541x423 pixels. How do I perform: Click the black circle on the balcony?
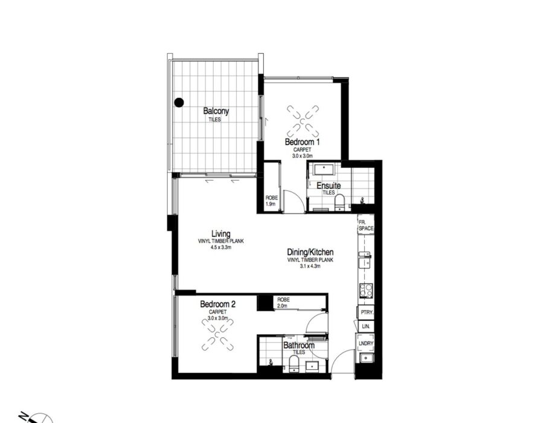[x=179, y=102]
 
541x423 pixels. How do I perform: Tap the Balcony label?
[x=216, y=111]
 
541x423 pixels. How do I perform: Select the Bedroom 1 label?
[x=303, y=141]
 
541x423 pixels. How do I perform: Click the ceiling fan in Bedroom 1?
[x=303, y=121]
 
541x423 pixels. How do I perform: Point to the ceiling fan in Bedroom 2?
[x=217, y=335]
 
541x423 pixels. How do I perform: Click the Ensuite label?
[x=328, y=186]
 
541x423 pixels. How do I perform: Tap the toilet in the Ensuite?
[x=340, y=202]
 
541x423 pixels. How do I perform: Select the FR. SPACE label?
[x=366, y=225]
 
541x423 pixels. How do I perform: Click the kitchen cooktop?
[x=366, y=290]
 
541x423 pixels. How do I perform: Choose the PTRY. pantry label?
[x=367, y=312]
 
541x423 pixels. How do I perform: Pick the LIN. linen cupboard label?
[x=366, y=326]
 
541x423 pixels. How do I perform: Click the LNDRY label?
[x=366, y=343]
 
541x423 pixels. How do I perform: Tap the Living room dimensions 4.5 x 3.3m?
[x=221, y=247]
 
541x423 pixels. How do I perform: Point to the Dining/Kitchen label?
[x=310, y=252]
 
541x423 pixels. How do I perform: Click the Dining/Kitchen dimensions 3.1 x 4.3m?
[x=310, y=266]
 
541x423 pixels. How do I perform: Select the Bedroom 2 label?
[x=218, y=304]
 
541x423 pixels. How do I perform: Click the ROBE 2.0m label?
[x=283, y=303]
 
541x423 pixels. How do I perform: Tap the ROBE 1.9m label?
[x=272, y=201]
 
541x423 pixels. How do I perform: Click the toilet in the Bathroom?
[x=294, y=364]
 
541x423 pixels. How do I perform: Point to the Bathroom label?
[x=299, y=345]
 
